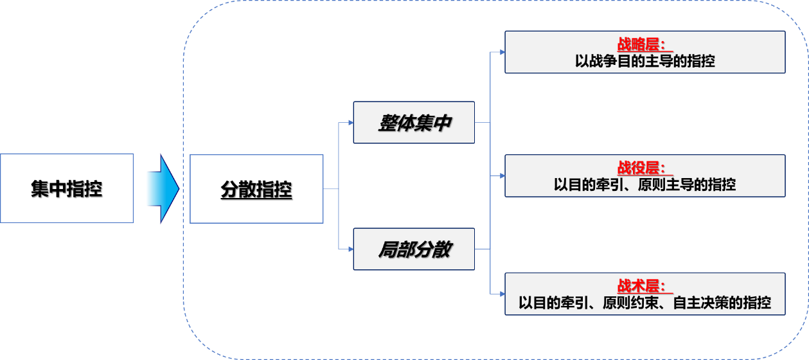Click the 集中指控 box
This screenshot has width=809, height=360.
(67, 188)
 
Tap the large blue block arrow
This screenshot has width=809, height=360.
(161, 188)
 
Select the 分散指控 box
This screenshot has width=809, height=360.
(256, 189)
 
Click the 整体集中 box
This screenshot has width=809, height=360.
(414, 122)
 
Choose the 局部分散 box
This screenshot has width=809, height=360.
(414, 249)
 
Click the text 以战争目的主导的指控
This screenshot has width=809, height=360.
(645, 62)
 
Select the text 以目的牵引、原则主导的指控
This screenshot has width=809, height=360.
(645, 184)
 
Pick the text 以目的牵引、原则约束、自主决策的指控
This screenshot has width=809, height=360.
(645, 303)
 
